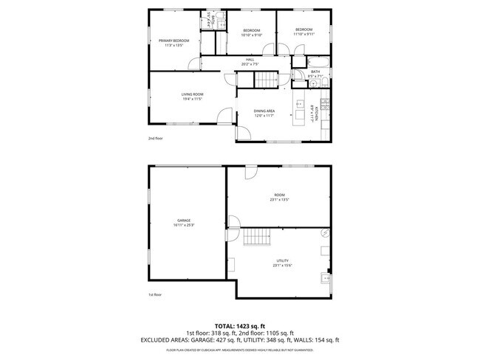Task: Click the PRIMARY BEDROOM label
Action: click(174, 40)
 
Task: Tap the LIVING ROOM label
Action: click(193, 94)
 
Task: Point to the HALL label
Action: click(250, 59)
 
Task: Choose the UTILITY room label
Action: click(282, 260)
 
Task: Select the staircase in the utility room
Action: click(258, 238)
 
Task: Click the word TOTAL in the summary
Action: click(225, 325)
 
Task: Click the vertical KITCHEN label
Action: click(315, 112)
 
